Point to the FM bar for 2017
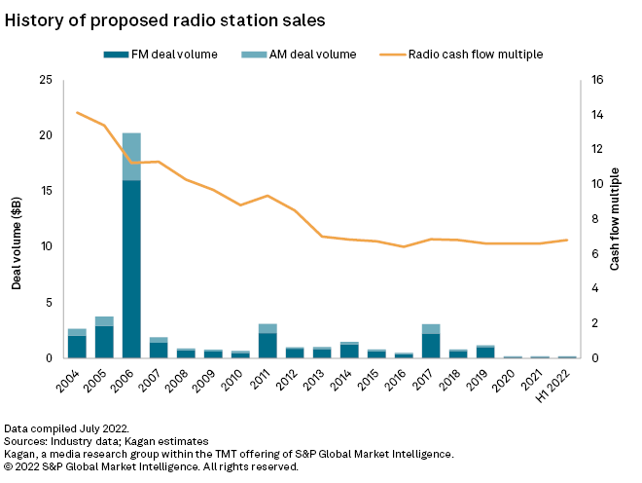click(x=430, y=346)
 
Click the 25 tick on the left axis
click(x=45, y=80)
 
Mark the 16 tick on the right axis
click(x=597, y=80)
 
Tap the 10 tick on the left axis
click(x=45, y=247)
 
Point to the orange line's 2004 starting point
click(x=77, y=113)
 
